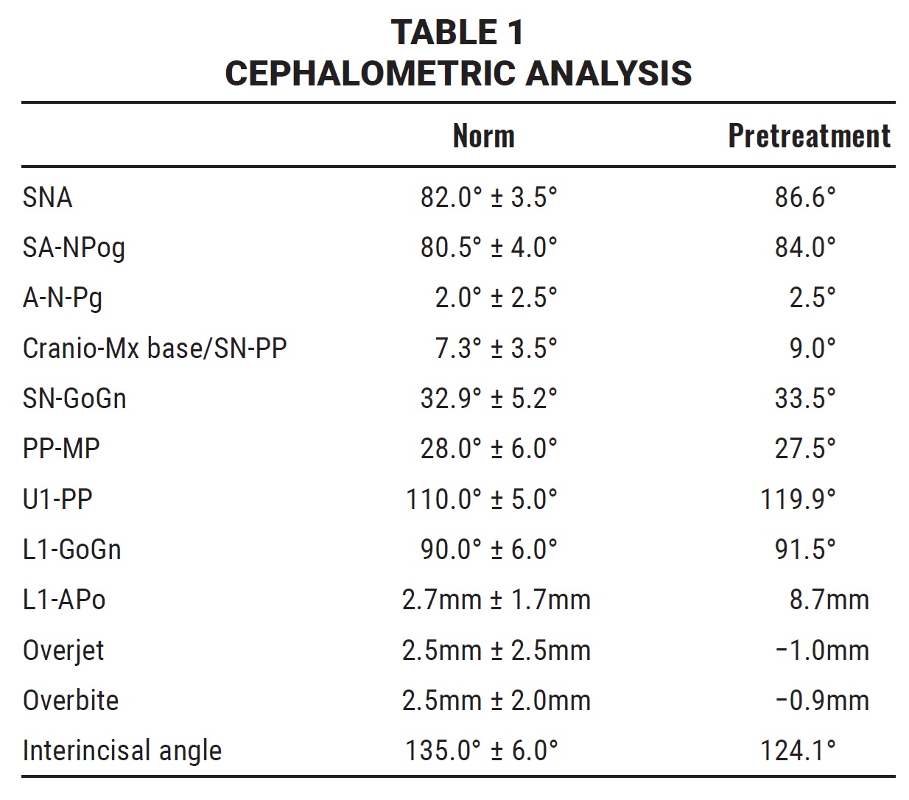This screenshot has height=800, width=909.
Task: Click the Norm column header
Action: tap(483, 136)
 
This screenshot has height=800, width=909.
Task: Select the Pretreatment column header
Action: tap(809, 136)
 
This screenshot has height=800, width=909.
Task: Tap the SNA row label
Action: tap(47, 197)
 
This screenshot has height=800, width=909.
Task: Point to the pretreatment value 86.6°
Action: tap(804, 197)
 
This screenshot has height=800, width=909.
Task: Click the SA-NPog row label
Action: tap(74, 248)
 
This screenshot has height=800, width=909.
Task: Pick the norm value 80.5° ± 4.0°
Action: tap(488, 248)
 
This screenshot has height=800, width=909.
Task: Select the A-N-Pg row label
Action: tap(63, 298)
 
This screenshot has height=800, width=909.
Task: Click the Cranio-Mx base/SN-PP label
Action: tap(155, 348)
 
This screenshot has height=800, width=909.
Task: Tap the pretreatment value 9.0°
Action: tap(812, 348)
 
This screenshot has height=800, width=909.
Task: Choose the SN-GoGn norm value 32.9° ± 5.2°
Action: tap(488, 399)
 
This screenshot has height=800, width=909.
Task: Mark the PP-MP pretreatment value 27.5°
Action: tap(804, 449)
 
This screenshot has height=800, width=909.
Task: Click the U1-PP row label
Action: tap(57, 499)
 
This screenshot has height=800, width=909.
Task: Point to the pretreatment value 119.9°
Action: tap(798, 499)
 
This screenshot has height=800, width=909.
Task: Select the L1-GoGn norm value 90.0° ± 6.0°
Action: tap(488, 550)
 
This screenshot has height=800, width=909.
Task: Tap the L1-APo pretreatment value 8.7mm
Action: tap(829, 600)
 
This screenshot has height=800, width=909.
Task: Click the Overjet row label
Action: tap(63, 650)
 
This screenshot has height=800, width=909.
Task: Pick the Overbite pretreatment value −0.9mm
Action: tap(822, 701)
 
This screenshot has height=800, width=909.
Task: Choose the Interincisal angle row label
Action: tap(122, 751)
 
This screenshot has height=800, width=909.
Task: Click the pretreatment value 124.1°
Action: tap(798, 751)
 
